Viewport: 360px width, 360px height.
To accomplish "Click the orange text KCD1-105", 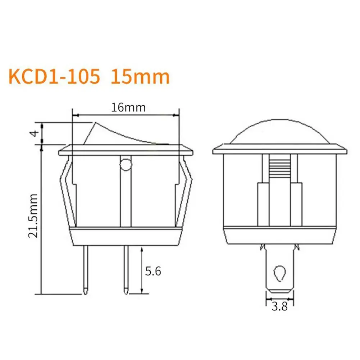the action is point(54,77).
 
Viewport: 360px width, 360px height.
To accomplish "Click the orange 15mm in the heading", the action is point(140,77).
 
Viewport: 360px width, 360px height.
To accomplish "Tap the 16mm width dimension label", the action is point(128,108).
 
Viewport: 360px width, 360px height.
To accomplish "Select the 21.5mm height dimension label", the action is point(33,215).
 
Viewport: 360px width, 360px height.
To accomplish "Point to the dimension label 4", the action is point(35,133).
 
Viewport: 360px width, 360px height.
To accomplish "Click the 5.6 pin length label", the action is point(153,271).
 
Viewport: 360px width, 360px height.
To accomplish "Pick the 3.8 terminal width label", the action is point(279,306).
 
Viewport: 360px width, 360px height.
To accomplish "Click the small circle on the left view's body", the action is point(126,165).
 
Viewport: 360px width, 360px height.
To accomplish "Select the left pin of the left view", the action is point(86,270).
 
